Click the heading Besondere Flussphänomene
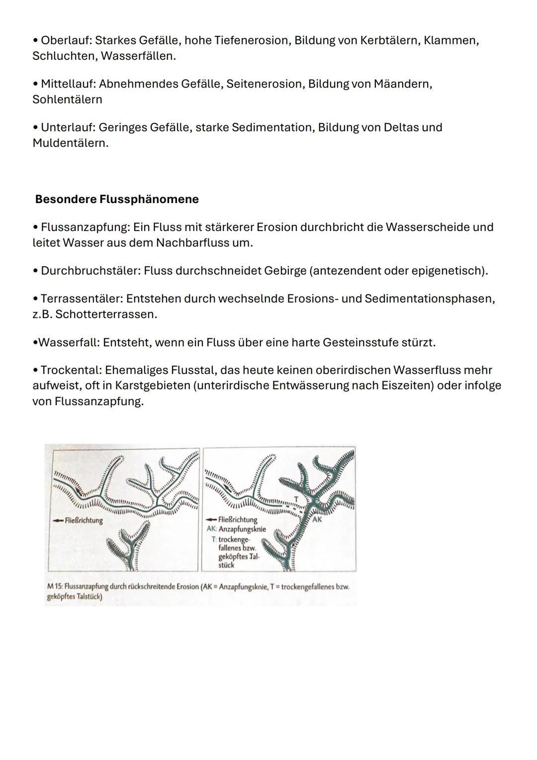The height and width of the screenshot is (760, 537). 117,199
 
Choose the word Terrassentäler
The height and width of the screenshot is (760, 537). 81,299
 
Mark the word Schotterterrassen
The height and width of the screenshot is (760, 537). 106,315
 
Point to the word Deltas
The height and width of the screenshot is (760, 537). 401,127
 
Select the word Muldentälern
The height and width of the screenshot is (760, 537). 70,143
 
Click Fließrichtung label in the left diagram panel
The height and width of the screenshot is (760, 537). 84,521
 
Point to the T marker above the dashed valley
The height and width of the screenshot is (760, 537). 296,498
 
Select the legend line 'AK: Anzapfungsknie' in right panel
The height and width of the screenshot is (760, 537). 236,529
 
